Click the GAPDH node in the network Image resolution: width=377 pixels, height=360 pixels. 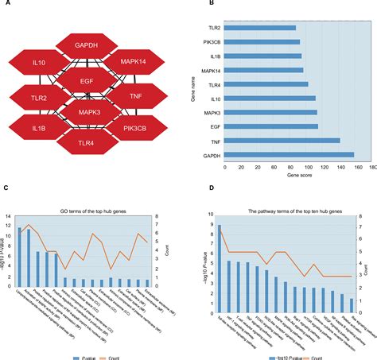coord(87,46)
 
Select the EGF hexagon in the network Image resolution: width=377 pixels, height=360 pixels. coord(87,80)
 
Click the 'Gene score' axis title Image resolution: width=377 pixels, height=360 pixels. coord(296,175)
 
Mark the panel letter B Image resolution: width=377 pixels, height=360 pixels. coord(188,4)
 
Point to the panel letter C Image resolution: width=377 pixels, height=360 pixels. coord(6,188)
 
